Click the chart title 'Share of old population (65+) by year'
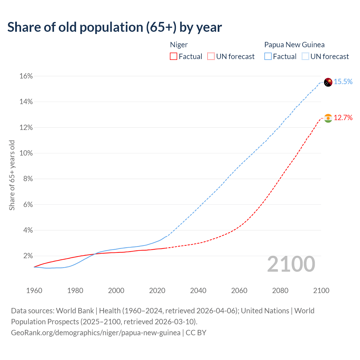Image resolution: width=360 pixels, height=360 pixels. (x=114, y=27)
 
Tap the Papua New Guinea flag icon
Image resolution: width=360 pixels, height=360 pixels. (x=328, y=82)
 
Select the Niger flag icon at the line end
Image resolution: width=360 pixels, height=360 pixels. (x=328, y=118)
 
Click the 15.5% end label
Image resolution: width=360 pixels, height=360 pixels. (x=343, y=82)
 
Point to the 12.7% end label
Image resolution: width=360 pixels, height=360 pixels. (x=343, y=118)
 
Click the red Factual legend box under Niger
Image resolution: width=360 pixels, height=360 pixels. (x=174, y=57)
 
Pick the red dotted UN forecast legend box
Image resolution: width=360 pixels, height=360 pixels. (x=211, y=57)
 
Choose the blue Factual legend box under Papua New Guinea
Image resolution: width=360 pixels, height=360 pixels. (x=268, y=57)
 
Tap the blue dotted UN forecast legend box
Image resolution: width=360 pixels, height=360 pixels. (x=305, y=57)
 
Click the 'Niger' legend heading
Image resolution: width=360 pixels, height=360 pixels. (x=179, y=45)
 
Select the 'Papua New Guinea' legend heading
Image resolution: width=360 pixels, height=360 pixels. (x=294, y=45)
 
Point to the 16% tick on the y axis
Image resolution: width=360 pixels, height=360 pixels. (x=26, y=76)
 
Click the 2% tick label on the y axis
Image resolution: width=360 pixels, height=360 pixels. (x=28, y=256)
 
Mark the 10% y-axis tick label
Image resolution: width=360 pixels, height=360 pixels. (x=26, y=153)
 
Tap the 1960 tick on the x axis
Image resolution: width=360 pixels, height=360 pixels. (x=34, y=291)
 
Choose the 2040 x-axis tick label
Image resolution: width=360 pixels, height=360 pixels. (x=198, y=291)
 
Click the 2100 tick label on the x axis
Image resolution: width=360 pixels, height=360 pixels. (x=321, y=291)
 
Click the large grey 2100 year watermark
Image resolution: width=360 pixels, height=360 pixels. (x=291, y=264)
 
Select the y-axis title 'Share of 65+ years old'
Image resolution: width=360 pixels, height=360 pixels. (x=12, y=175)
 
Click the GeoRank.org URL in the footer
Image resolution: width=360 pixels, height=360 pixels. (x=96, y=333)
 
